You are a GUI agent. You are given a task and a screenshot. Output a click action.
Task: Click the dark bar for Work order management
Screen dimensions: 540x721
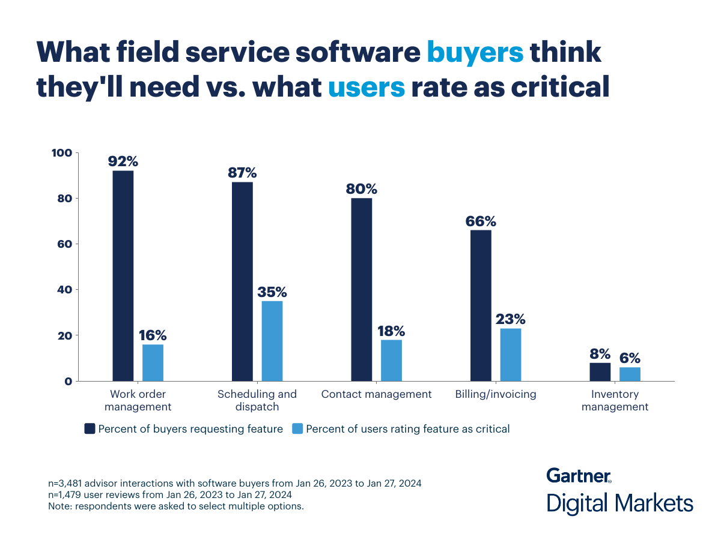click(x=123, y=276)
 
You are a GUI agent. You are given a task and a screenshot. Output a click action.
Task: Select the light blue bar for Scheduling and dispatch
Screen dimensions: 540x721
click(x=272, y=341)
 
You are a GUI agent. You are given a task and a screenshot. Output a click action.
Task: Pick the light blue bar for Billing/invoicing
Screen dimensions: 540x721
click(x=510, y=355)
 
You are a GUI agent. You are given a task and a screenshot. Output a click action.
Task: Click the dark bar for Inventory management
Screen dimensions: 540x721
click(x=600, y=372)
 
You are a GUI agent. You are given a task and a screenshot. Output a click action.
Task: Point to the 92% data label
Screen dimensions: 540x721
click(x=123, y=161)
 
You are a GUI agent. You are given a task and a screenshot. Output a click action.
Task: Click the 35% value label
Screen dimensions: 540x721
click(x=272, y=292)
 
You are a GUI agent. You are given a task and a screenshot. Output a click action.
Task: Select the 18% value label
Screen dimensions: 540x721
click(x=391, y=331)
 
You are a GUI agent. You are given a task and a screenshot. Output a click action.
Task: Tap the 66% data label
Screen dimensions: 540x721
click(x=481, y=221)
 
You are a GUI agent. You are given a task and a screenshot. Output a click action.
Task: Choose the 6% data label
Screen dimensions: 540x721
click(x=630, y=358)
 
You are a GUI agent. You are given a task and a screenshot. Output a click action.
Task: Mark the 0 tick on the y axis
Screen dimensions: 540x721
click(x=68, y=381)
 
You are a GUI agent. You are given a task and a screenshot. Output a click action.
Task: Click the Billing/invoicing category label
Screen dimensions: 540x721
click(x=496, y=394)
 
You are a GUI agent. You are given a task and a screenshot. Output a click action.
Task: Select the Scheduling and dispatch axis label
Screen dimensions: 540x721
click(x=257, y=400)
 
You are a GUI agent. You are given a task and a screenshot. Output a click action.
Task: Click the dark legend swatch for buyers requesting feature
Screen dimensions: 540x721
click(x=90, y=428)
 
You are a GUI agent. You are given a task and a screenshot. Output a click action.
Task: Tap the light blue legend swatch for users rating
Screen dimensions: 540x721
click(x=297, y=428)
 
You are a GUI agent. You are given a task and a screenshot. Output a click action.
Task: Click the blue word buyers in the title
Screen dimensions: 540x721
click(x=475, y=52)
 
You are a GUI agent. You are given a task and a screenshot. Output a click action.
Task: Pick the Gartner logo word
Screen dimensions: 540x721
click(x=578, y=475)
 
